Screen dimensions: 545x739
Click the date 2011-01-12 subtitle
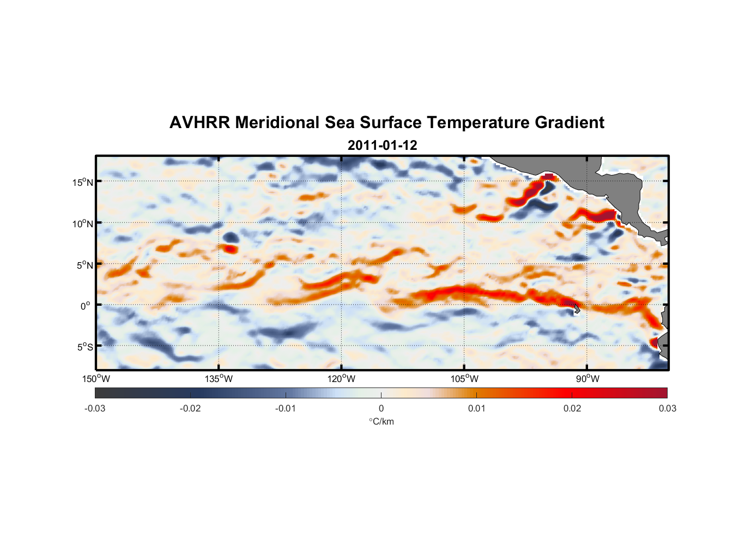point(382,146)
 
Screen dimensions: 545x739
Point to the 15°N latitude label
point(83,182)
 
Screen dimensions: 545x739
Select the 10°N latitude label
point(83,223)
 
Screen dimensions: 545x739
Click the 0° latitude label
point(86,306)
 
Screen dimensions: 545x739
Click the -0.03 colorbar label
point(95,409)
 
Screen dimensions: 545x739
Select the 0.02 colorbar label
point(572,409)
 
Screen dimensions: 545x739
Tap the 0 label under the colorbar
point(381,409)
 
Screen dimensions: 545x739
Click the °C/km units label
point(381,422)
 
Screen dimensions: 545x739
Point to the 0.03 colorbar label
point(667,409)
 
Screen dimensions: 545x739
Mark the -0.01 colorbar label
point(286,409)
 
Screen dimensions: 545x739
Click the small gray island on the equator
point(577,309)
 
